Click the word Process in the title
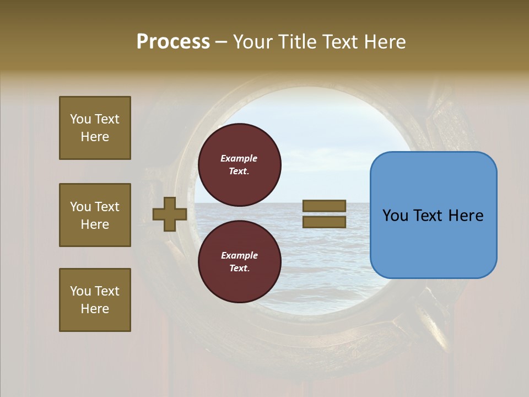tap(173, 42)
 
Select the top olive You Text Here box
tap(95, 128)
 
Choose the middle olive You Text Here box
tap(95, 215)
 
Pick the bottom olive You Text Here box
tap(95, 300)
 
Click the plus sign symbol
tap(170, 214)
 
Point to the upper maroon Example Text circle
tap(240, 165)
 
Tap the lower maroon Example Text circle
tap(240, 261)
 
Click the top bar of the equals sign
tap(324, 206)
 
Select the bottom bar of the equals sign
tap(324, 222)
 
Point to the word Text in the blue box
tap(431, 216)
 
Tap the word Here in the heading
tap(384, 42)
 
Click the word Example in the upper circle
tap(239, 158)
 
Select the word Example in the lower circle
tap(239, 255)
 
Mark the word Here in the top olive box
tap(95, 137)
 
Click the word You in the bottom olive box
tap(80, 291)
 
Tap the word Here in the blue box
tap(466, 216)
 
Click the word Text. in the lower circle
tap(239, 269)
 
